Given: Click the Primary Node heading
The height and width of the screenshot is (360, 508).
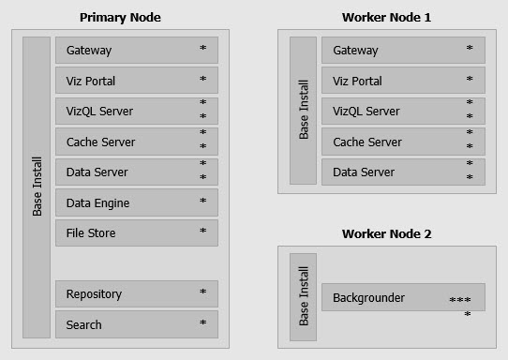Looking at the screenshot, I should coord(120,17).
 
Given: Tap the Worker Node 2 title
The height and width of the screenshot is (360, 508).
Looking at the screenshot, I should coord(386,232).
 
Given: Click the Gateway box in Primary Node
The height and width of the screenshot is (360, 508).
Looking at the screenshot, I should coord(137,50).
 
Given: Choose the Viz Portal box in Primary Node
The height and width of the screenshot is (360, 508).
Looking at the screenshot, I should coord(137,81).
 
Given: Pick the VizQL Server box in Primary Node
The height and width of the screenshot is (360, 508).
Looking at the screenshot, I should coord(137,111).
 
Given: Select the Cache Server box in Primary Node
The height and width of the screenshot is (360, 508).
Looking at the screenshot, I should coord(137,142).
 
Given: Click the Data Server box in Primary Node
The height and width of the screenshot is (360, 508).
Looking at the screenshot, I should coord(137,172).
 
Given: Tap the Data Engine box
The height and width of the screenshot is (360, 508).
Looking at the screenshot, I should coord(137,202).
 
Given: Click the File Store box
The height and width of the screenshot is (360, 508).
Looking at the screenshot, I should coord(137,232).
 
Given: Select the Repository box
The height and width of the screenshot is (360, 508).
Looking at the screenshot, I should coord(137,293).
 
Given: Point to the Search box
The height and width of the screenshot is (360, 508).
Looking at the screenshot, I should coord(137,324).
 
